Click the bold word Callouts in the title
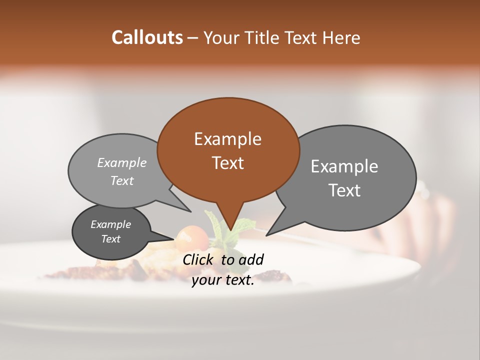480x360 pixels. point(147,37)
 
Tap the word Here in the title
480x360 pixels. point(341,37)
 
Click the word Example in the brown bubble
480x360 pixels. point(227,139)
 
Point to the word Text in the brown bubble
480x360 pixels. point(227,163)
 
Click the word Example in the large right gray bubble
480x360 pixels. point(344,166)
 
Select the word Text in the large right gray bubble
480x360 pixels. point(344,190)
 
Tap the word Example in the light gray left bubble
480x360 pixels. point(122,163)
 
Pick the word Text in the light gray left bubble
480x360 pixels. point(122,180)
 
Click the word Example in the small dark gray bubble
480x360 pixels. point(110,224)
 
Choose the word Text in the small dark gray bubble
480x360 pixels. point(110,239)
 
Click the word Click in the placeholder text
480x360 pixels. point(199,259)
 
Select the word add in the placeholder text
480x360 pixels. point(251,259)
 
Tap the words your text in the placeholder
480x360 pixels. point(222,280)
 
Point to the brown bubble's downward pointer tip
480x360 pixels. point(229,231)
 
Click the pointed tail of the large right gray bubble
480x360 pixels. point(267,234)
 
